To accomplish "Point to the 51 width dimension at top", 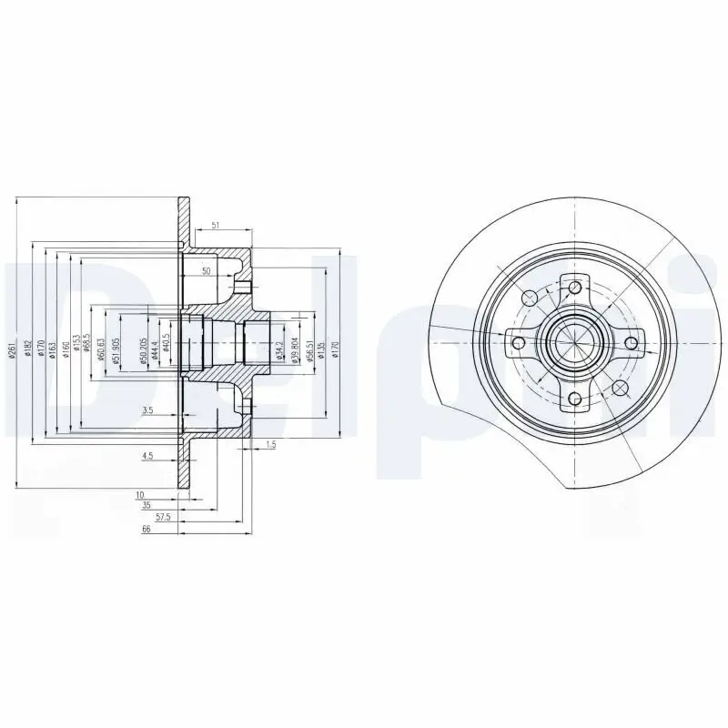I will click(215, 224).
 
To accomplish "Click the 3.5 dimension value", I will click(147, 411).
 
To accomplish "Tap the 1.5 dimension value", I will click(270, 444).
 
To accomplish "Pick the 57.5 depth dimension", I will click(164, 516).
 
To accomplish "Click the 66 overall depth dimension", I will click(146, 529).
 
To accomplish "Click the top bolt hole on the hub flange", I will click(574, 288).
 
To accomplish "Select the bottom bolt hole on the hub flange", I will click(574, 399).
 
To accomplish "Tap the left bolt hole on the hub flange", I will click(519, 343).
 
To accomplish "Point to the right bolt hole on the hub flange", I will click(630, 343).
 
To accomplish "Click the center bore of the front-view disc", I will click(574, 343).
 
